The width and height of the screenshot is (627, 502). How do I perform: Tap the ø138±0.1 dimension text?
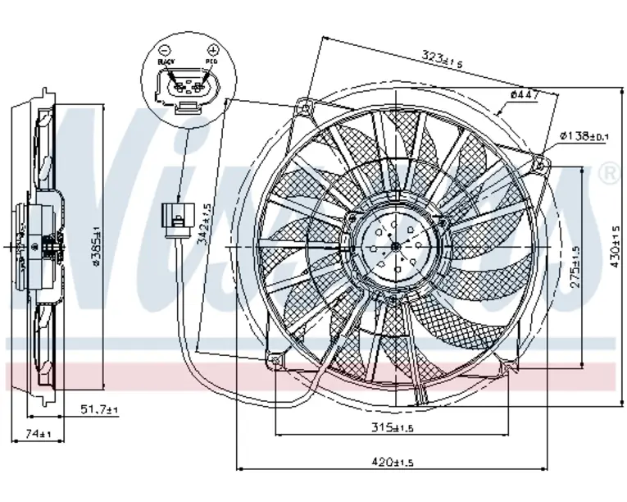click(584, 135)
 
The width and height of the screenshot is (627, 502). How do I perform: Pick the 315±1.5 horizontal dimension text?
click(390, 427)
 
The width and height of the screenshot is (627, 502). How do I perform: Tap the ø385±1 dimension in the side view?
click(95, 246)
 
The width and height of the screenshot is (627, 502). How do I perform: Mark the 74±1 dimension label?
click(38, 433)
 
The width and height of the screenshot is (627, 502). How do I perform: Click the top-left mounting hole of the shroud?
click(306, 106)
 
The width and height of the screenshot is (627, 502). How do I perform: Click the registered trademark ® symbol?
click(609, 173)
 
